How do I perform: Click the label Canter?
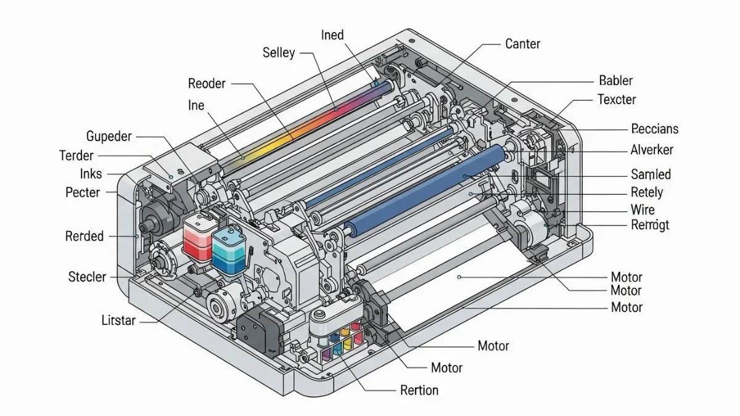(523, 44)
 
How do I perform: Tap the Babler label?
(616, 81)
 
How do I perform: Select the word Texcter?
(617, 99)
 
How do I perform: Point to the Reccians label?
(655, 129)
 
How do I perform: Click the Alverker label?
(652, 150)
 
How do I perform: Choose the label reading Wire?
(643, 210)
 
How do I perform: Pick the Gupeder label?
(109, 136)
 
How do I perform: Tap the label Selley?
(279, 53)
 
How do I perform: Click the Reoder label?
(207, 84)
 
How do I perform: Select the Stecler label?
(87, 277)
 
